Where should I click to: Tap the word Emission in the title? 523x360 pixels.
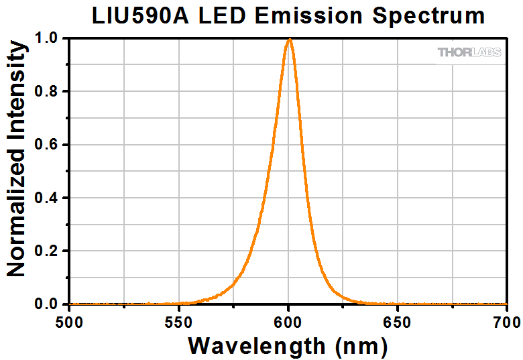pyautogui.click(x=307, y=15)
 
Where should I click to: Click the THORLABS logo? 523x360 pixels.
pyautogui.click(x=469, y=52)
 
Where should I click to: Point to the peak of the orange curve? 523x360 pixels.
pyautogui.click(x=289, y=39)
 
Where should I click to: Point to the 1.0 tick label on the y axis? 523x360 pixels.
pyautogui.click(x=48, y=38)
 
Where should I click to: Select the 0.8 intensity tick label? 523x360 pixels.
pyautogui.click(x=48, y=91)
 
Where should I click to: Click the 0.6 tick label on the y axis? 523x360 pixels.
pyautogui.click(x=48, y=145)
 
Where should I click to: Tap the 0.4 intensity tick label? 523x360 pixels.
pyautogui.click(x=48, y=198)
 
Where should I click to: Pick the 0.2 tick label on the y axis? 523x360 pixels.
pyautogui.click(x=48, y=251)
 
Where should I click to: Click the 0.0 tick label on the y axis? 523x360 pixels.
pyautogui.click(x=48, y=304)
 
